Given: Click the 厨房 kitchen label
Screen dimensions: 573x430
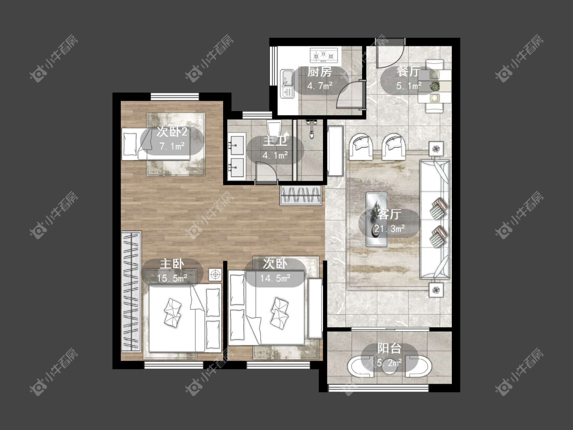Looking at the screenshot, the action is click(x=319, y=72).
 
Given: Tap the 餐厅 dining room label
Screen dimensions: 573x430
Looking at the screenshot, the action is click(x=408, y=72).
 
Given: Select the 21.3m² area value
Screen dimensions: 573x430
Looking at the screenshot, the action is click(x=389, y=229).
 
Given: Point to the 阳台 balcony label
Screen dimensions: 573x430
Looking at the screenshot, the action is click(x=389, y=348).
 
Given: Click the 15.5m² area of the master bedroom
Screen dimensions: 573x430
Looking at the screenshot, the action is click(x=172, y=278).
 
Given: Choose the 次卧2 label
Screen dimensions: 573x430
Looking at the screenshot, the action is click(x=172, y=131).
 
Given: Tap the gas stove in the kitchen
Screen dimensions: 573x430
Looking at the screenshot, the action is click(x=324, y=55).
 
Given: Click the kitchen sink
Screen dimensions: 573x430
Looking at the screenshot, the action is click(x=287, y=84).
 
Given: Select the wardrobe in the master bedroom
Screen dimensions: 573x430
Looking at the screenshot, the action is click(x=131, y=291).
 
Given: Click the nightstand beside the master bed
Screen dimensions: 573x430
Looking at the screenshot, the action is click(x=215, y=274).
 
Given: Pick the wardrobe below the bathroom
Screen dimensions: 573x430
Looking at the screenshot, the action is click(x=301, y=195).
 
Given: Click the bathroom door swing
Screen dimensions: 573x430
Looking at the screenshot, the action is click(x=266, y=171).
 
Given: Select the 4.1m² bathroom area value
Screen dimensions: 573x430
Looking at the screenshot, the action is click(x=275, y=155).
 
